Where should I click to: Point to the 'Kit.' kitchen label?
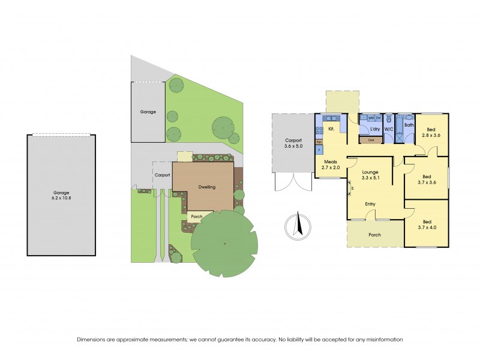point(331,128)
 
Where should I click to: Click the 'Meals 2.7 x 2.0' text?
point(331,164)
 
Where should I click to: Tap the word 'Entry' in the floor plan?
point(370,204)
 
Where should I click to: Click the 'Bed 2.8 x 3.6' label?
point(431,133)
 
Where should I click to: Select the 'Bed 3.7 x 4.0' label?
point(427,224)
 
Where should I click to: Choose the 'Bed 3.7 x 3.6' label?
point(427,180)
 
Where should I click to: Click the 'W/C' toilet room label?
point(388,129)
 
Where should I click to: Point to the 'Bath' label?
point(409,125)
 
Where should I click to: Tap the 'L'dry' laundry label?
point(375,129)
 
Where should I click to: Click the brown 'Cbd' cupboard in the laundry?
point(370,140)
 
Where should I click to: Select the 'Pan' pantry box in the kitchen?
point(319,142)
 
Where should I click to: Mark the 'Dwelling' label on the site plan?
point(206,187)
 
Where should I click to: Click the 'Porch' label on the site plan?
point(196,217)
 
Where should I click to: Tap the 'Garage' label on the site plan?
point(148,112)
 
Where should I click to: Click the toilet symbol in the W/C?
point(388,119)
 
